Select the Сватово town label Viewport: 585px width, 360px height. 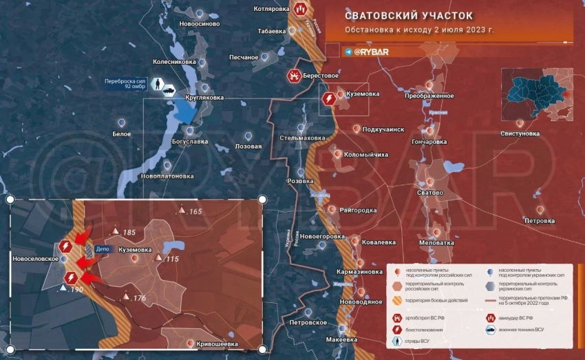click(x=430, y=193)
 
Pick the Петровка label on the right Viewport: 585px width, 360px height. click(x=539, y=221)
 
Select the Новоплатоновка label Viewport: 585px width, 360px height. click(x=167, y=176)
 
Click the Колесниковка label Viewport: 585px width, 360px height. click(x=174, y=61)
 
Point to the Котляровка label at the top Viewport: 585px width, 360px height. click(x=270, y=9)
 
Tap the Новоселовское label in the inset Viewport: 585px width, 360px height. click(x=34, y=260)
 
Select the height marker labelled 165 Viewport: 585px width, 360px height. click(x=194, y=211)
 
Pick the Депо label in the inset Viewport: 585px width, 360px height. click(x=103, y=250)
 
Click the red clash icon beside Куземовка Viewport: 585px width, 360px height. click(x=329, y=100)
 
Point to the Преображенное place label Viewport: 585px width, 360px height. click(x=429, y=96)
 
